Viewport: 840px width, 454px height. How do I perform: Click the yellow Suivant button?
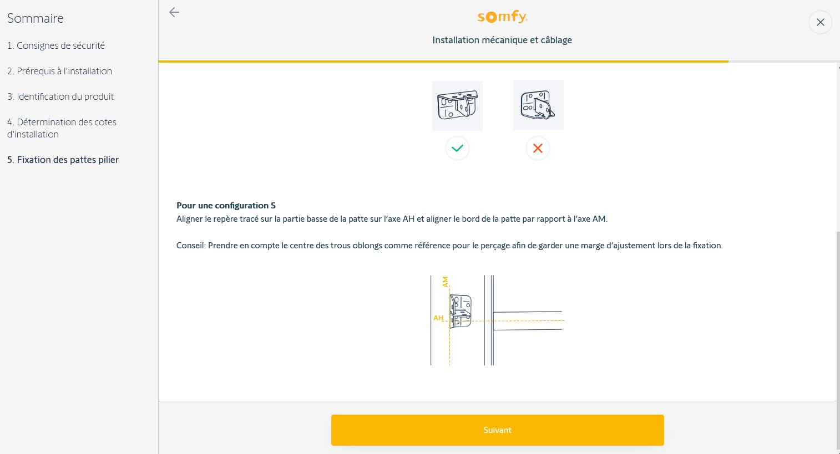coord(497,430)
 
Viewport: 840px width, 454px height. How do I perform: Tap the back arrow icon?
coord(174,12)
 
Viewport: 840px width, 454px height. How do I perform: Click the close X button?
coord(820,23)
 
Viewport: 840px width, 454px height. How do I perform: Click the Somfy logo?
coord(502,17)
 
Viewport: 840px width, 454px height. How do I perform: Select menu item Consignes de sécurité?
coord(56,45)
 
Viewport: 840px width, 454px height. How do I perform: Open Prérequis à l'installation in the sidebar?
coord(59,71)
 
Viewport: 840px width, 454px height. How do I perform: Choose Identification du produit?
coord(60,96)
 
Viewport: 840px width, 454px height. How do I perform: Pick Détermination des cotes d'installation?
coord(62,128)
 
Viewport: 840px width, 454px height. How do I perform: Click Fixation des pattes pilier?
coord(63,160)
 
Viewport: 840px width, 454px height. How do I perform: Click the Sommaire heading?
coord(36,18)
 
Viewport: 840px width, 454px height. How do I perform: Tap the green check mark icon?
coord(457,149)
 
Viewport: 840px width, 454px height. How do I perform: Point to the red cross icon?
coord(538,149)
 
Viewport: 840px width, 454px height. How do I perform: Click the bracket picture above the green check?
coord(458,106)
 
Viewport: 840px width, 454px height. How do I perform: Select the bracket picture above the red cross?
coord(538,105)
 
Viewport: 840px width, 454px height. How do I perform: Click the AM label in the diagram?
coord(445,282)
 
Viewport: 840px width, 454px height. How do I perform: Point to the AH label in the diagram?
coord(438,318)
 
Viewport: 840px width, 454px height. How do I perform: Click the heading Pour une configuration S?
coord(226,206)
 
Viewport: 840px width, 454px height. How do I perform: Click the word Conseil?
coord(190,246)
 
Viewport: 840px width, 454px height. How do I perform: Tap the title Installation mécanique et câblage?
coord(502,40)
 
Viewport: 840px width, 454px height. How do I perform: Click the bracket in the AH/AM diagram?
coord(461,312)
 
